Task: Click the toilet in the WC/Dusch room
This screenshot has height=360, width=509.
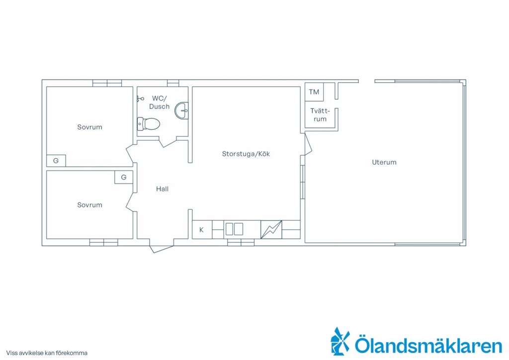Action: point(149,124)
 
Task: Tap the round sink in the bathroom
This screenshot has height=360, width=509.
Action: point(181,111)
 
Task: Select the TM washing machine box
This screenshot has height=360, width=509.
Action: point(314,92)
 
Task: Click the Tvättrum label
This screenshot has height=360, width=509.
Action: point(320,115)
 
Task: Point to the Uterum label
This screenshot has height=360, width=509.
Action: point(384,162)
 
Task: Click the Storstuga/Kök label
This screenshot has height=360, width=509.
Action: point(246,154)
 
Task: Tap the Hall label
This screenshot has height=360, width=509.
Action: point(162,189)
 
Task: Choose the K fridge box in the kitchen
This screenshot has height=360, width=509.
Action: point(202,230)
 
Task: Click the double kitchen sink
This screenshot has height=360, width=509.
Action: point(234,229)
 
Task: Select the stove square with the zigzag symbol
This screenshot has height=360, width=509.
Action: point(271,230)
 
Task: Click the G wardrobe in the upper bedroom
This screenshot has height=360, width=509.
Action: point(56,161)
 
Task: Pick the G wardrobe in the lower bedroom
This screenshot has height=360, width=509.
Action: point(124,177)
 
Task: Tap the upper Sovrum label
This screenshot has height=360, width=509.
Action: point(89,127)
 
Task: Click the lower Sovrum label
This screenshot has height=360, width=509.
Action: point(89,205)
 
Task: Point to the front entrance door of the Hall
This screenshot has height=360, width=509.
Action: point(162,248)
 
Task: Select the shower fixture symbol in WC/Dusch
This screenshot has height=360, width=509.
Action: point(140,98)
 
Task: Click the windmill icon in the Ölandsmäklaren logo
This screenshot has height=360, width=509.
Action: point(340,341)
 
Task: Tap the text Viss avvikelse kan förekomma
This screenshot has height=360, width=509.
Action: point(47,353)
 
